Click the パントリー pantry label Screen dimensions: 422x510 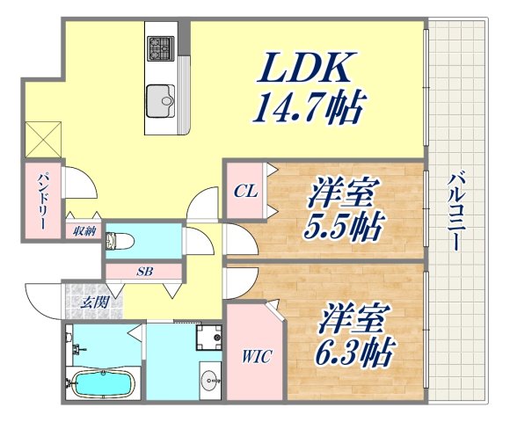(x=41, y=201)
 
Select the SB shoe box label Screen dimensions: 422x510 (x=145, y=272)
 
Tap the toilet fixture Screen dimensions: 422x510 (x=123, y=240)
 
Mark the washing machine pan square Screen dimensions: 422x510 (x=209, y=338)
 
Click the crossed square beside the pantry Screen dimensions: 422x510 (x=41, y=140)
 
